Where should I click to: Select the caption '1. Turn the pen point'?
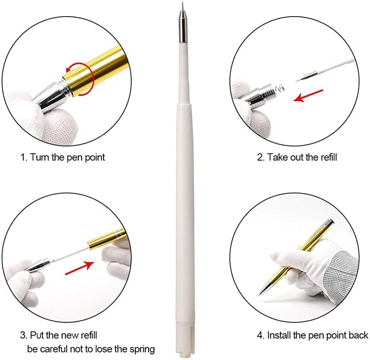click(x=62, y=157)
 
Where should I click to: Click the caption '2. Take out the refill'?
click(x=297, y=157)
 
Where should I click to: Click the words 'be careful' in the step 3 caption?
click(x=46, y=349)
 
